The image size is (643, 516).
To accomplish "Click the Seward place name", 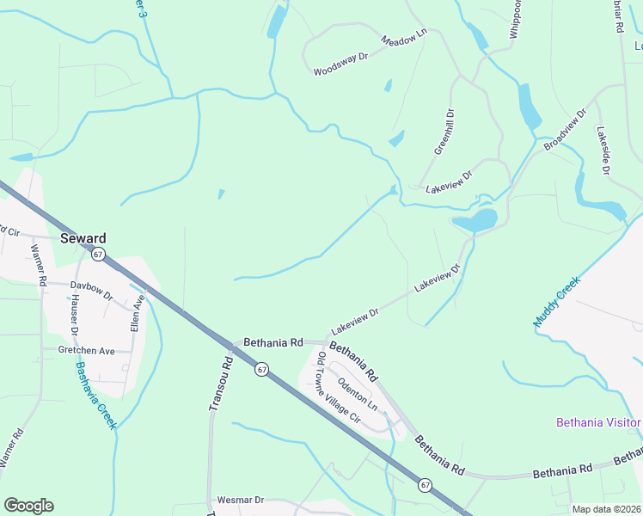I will pyautogui.click(x=83, y=238).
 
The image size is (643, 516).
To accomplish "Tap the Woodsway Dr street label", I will pyautogui.click(x=340, y=63).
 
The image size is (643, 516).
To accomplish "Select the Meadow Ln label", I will pyautogui.click(x=404, y=40).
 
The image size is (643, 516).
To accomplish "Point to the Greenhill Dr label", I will pyautogui.click(x=442, y=132).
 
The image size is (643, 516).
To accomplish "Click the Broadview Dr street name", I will pyautogui.click(x=564, y=130).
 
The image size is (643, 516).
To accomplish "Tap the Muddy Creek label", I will pyautogui.click(x=558, y=301).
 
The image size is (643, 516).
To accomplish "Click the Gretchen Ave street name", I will pyautogui.click(x=86, y=351).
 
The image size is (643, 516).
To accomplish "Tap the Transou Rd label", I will pyautogui.click(x=219, y=384).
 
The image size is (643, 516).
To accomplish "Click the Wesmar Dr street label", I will pyautogui.click(x=240, y=500).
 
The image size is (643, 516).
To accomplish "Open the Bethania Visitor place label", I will pyautogui.click(x=598, y=422).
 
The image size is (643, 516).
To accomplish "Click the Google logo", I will pyautogui.click(x=28, y=506).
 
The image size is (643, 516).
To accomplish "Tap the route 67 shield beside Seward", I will pyautogui.click(x=98, y=255).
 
